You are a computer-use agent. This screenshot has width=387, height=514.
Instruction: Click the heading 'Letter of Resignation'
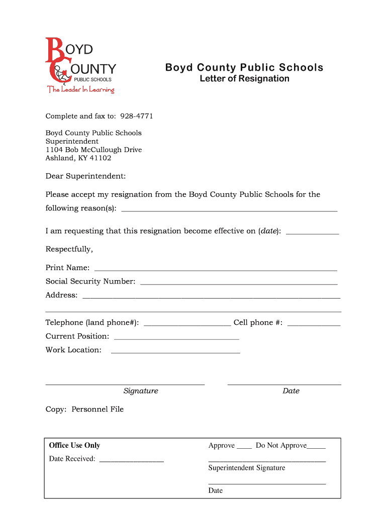coord(244,79)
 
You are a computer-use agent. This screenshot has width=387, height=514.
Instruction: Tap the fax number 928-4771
coord(136,116)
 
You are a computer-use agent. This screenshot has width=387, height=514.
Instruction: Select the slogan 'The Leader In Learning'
coord(81,90)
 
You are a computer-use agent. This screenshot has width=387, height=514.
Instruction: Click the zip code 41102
coord(101,158)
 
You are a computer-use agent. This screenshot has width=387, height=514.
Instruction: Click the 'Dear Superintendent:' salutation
coord(85,176)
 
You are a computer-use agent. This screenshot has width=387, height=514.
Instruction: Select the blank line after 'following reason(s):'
coord(229,209)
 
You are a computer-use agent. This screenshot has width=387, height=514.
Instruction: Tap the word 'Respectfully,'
coord(69,249)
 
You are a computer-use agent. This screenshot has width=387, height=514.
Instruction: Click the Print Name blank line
coord(216,268)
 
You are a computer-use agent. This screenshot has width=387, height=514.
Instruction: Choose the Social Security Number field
coord(239,282)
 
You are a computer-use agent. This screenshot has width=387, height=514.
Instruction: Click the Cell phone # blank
coord(314,323)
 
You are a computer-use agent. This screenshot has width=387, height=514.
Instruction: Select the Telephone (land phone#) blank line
coord(187,323)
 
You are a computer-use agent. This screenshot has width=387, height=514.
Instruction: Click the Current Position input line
coord(176,337)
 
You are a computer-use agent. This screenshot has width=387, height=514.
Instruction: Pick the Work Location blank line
coord(175,350)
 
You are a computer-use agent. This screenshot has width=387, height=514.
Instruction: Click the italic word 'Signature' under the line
coord(141,391)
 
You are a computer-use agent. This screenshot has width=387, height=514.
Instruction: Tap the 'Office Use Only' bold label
coord(74,446)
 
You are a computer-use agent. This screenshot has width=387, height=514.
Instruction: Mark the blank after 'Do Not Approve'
coord(316,446)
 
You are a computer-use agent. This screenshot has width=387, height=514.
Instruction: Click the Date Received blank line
coord(131,459)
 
